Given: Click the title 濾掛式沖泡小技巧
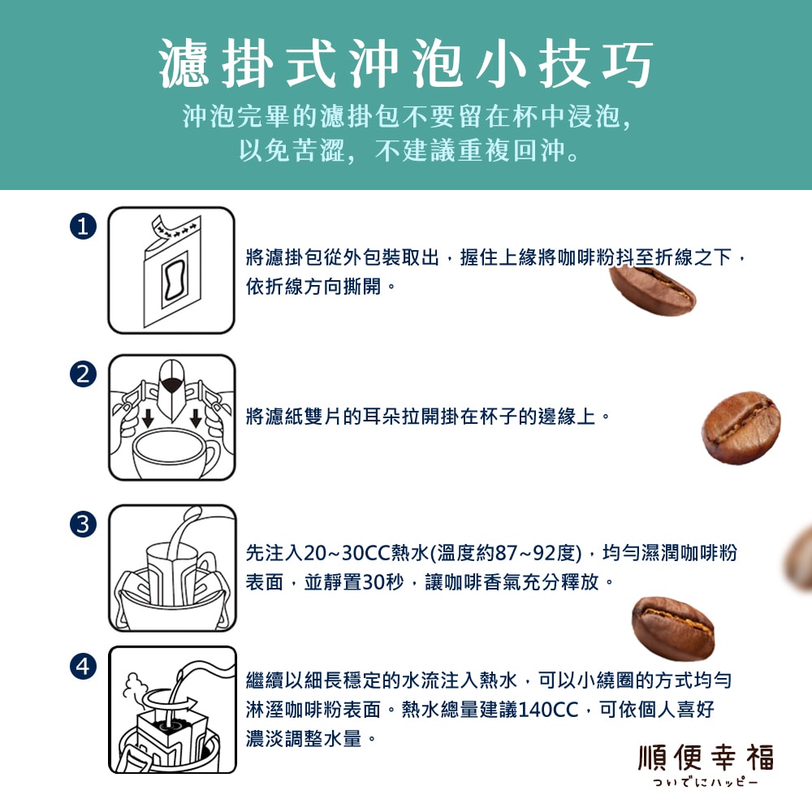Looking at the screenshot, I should pos(406,64).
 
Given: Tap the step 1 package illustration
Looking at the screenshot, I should pos(171,270).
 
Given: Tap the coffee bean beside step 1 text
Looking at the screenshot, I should pos(653,287).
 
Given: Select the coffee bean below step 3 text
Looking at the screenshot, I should pos(672,627).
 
